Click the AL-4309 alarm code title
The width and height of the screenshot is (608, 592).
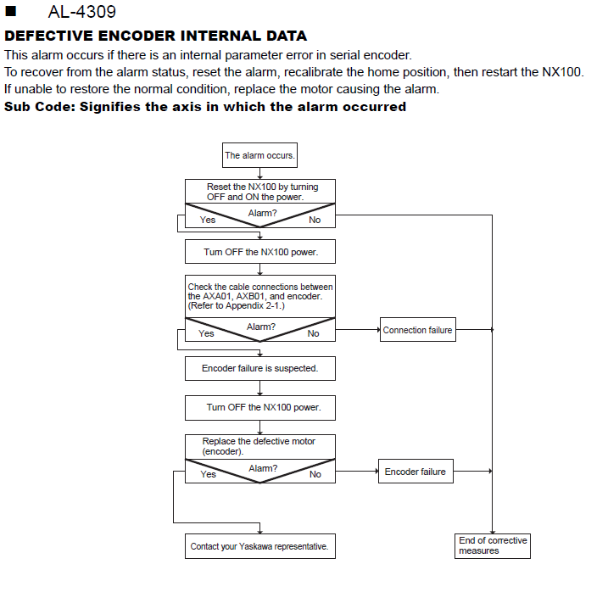click(x=81, y=12)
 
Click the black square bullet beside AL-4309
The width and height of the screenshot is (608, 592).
click(x=10, y=11)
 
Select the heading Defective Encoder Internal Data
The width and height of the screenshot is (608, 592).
click(x=155, y=36)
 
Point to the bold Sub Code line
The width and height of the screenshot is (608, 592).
click(x=205, y=107)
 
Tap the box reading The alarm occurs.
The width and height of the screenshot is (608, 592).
click(x=259, y=155)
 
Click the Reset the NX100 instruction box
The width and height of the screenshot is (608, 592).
click(x=260, y=192)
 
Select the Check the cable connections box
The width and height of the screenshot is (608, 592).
click(x=260, y=296)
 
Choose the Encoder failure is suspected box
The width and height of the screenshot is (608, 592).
click(x=260, y=368)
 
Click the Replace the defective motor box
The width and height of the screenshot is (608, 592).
click(x=260, y=446)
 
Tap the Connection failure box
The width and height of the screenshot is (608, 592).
click(x=417, y=330)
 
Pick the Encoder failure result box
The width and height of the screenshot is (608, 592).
click(x=416, y=472)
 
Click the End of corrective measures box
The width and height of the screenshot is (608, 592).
click(x=493, y=546)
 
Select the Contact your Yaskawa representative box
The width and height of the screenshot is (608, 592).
click(x=260, y=546)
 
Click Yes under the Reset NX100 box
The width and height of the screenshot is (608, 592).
click(x=208, y=220)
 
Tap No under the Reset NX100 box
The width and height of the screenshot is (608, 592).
click(x=315, y=220)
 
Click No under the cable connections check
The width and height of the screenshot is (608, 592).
click(x=313, y=333)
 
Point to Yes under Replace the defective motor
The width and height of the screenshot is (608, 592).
click(x=209, y=474)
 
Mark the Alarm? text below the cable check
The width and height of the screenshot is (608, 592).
click(x=261, y=327)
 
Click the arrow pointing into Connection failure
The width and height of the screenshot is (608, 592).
click(x=358, y=330)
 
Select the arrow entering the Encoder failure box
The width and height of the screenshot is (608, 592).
click(x=357, y=472)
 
